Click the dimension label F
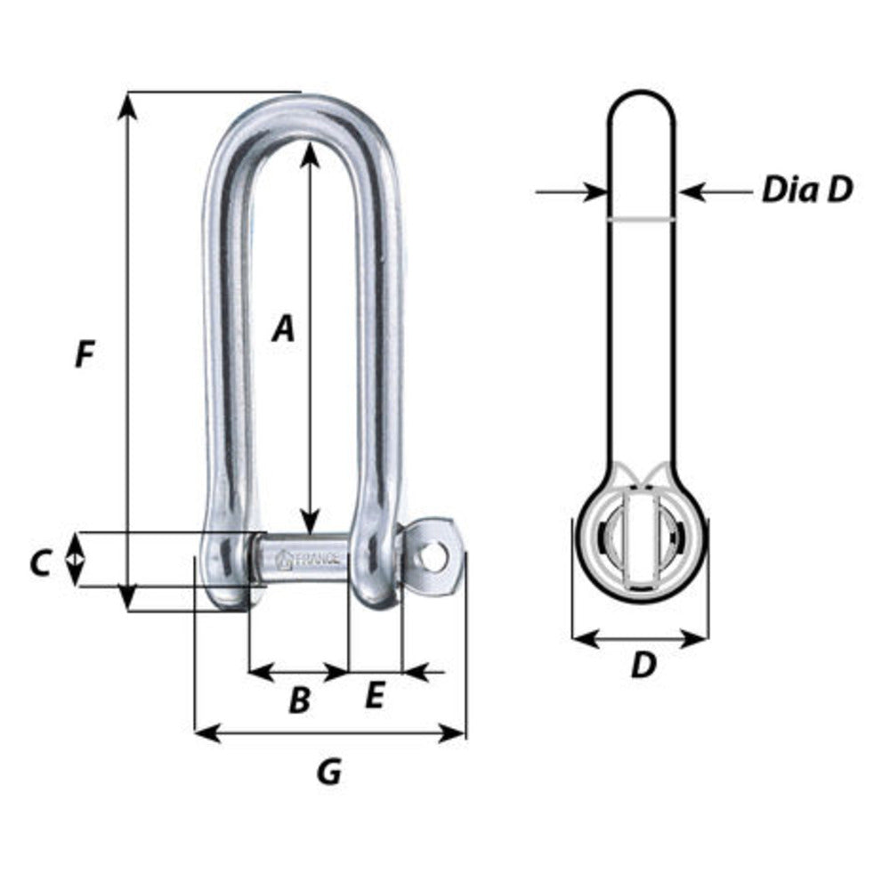click(84, 355)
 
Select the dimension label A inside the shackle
click(282, 328)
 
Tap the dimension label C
click(39, 562)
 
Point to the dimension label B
click(300, 701)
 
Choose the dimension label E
click(374, 696)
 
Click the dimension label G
click(329, 772)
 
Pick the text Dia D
click(806, 190)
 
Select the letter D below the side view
click(643, 665)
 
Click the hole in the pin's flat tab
click(433, 558)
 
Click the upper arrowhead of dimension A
click(310, 154)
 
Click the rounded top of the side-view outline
click(642, 93)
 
